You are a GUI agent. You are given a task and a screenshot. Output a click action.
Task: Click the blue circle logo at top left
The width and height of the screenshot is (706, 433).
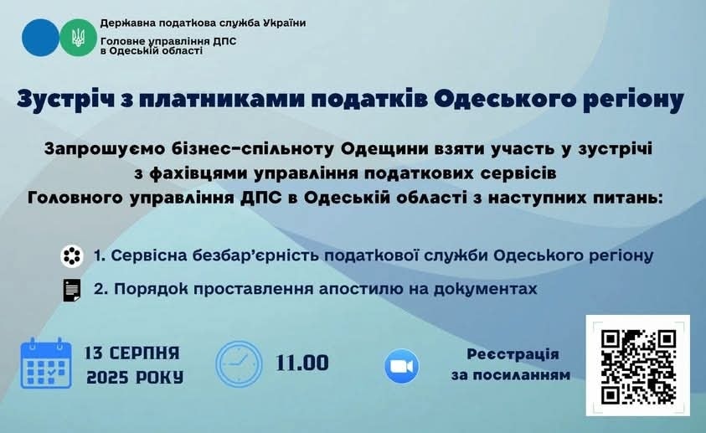pyautogui.click(x=40, y=38)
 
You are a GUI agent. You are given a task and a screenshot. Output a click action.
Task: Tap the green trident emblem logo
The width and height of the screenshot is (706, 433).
pyautogui.click(x=79, y=38)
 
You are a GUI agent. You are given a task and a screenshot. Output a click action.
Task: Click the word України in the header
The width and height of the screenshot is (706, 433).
pyautogui.click(x=284, y=23)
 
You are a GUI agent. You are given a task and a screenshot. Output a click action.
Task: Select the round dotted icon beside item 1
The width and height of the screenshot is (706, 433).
pyautogui.click(x=72, y=256)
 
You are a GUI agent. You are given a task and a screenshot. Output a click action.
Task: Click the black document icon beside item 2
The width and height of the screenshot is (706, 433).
pyautogui.click(x=72, y=290)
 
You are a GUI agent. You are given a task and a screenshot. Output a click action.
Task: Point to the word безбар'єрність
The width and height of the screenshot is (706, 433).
pyautogui.click(x=255, y=255)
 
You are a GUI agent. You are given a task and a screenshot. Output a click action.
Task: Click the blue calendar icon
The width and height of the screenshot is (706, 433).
pyautogui.click(x=46, y=363)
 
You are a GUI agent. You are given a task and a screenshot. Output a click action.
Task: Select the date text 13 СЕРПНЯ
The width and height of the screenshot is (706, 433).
pyautogui.click(x=132, y=353)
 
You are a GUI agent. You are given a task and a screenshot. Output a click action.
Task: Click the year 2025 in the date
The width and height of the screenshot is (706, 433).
pyautogui.click(x=106, y=377)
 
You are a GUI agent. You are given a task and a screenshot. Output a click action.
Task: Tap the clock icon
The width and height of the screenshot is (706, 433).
pyautogui.click(x=239, y=364)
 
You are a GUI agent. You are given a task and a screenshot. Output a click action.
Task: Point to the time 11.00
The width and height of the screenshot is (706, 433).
pyautogui.click(x=302, y=363)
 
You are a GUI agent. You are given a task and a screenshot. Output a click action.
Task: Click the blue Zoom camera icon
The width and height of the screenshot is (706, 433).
pyautogui.click(x=402, y=366)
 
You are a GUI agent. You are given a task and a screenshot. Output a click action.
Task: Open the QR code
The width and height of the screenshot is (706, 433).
pyautogui.click(x=638, y=365)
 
